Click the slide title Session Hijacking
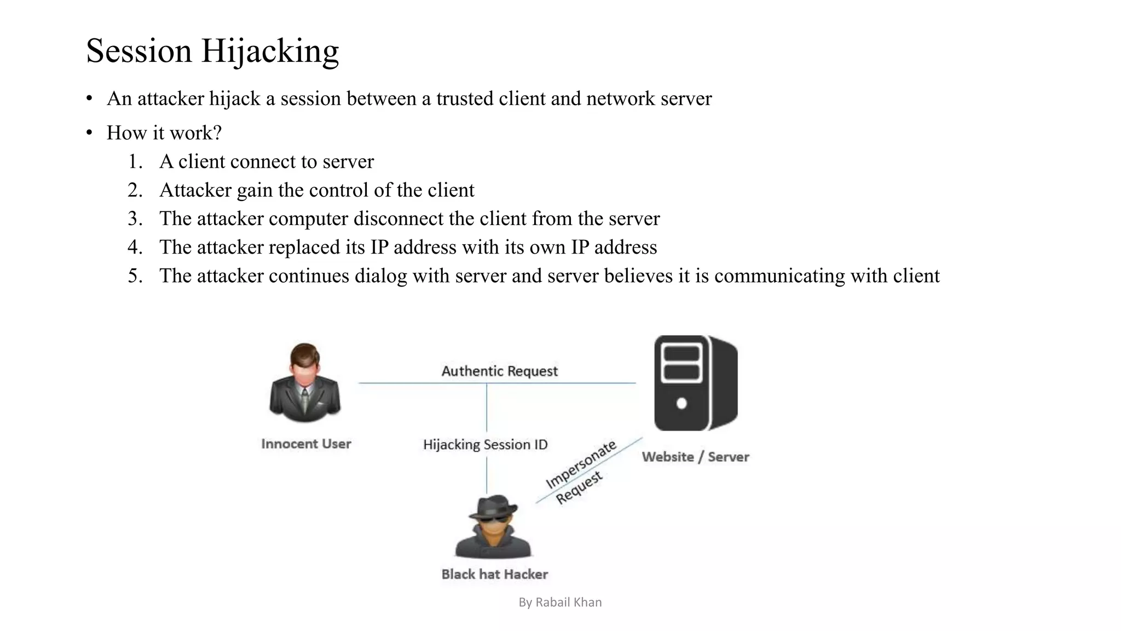(x=212, y=51)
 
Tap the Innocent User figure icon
(x=305, y=382)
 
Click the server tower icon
(x=696, y=383)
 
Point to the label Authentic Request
(x=499, y=371)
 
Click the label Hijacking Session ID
(x=485, y=444)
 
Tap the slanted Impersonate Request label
(x=580, y=472)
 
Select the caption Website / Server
(x=695, y=457)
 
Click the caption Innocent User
(x=306, y=444)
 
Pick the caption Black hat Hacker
(x=494, y=574)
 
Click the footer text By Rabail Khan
(x=560, y=603)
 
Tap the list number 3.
(x=135, y=219)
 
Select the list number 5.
(x=135, y=276)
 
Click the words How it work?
(x=164, y=133)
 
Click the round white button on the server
(x=681, y=404)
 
